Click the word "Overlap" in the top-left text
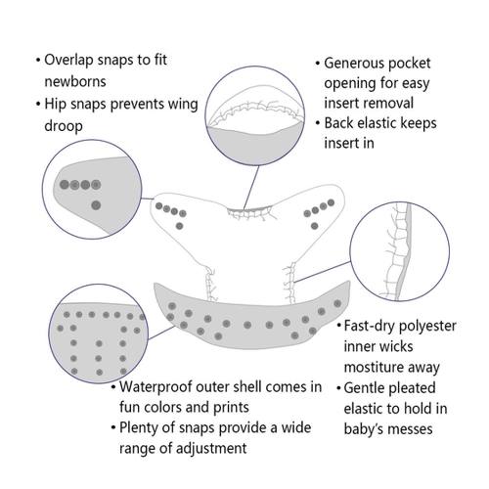pos(69,61)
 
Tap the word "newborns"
pos(75,81)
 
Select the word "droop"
pos(64,126)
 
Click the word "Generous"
pos(353,64)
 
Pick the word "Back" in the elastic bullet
pos(340,123)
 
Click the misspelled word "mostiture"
pos(370,367)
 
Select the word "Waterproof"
pos(156,387)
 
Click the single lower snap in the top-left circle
pos(96,205)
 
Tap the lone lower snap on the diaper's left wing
pos(179,226)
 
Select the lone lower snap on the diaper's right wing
pos(314,226)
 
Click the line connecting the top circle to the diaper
pos(251,187)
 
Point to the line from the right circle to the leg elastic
pos(322,272)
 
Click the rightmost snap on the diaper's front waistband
pos(337,303)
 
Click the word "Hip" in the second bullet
pos(52,105)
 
